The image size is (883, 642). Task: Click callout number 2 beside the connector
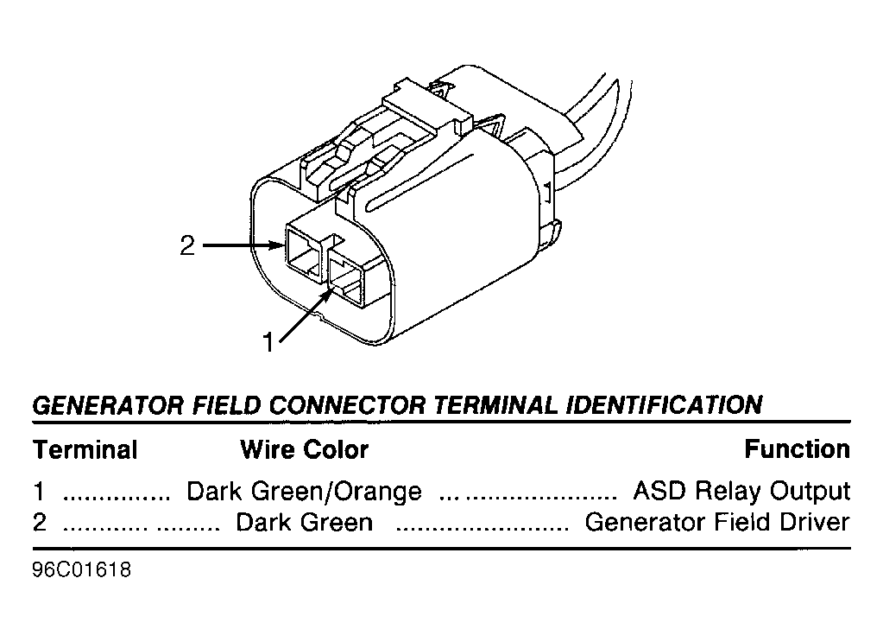point(187,245)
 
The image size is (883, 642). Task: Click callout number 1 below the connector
point(268,342)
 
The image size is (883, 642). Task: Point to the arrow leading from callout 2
point(243,245)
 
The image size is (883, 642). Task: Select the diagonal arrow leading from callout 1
point(305,316)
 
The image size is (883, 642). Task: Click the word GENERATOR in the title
point(108,405)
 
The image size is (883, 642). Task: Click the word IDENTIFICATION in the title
point(664,405)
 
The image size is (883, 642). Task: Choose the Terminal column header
point(85,450)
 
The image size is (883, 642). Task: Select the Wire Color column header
point(304,450)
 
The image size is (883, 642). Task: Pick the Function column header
point(797,449)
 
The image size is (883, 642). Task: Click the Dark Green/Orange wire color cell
point(304,491)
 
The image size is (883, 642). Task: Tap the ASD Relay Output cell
point(741,491)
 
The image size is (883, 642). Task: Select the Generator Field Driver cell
point(717,522)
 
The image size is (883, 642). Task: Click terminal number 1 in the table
point(38,491)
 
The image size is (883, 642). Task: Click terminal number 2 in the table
point(40,522)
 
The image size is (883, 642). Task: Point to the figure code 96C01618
point(82,570)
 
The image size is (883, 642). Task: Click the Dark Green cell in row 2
point(304,522)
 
